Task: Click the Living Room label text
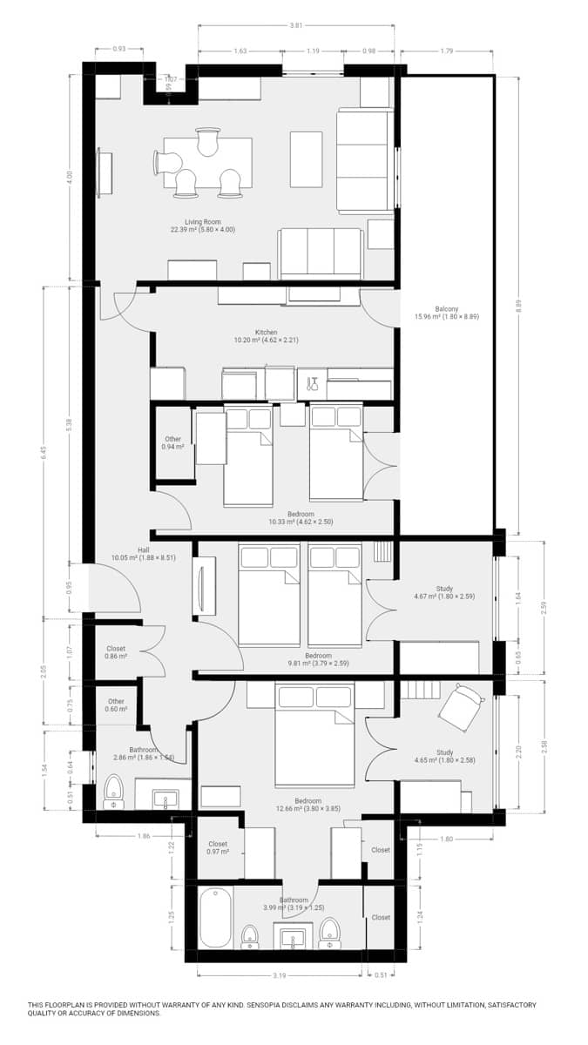point(203,226)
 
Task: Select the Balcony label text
point(447,313)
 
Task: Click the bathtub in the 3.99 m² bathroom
point(214,918)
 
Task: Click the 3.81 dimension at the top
point(296,25)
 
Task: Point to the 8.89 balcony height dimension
point(518,305)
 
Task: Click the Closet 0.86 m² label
point(116,651)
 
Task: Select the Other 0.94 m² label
point(172,442)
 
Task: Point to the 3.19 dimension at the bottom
point(279,975)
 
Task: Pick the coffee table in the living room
point(306,158)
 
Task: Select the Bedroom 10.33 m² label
point(292,518)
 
